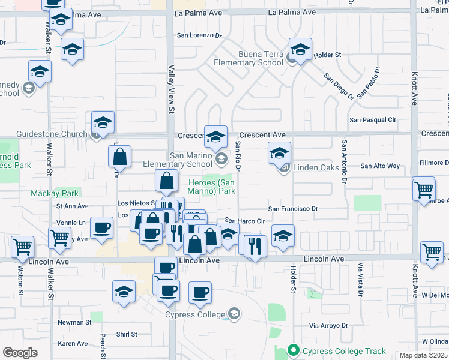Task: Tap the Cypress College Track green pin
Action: point(294,349)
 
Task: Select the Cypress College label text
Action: point(195,314)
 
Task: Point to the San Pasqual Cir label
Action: point(373,120)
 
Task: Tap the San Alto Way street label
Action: point(379,166)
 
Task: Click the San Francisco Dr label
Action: point(292,209)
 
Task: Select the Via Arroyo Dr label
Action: point(328,326)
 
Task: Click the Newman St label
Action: point(74,322)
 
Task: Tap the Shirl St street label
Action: point(127,334)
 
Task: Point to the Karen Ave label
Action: point(73,344)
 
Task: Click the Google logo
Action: point(20,353)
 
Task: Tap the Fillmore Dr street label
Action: point(433,163)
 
